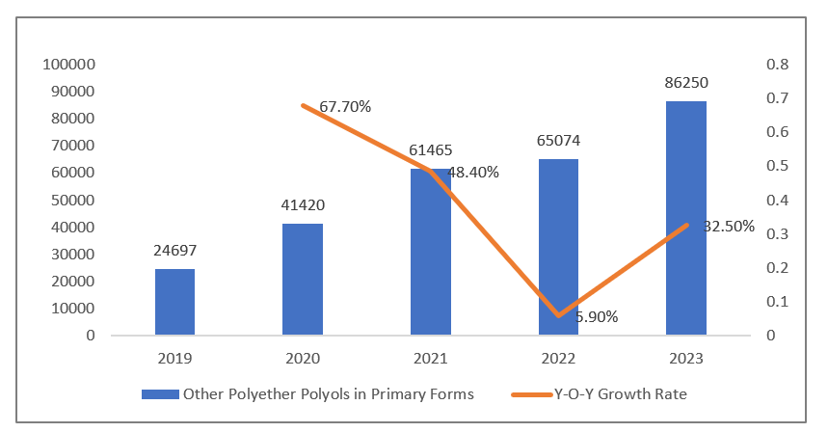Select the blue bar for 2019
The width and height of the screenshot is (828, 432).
click(174, 302)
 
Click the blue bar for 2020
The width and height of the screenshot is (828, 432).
click(302, 280)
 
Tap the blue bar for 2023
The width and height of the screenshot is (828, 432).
click(686, 218)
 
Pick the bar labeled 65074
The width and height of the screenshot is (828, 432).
click(558, 247)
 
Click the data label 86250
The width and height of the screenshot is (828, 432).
click(685, 84)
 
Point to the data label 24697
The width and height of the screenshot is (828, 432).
click(174, 251)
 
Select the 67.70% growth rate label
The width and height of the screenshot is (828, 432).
click(345, 106)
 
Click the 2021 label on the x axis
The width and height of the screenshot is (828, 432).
click(430, 359)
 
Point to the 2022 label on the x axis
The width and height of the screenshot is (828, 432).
click(558, 359)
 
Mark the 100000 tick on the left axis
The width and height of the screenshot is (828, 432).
click(68, 65)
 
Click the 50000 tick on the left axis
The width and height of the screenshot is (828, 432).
click(72, 200)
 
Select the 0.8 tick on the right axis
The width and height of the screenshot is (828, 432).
click(750, 65)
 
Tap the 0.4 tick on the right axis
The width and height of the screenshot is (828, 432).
click(750, 200)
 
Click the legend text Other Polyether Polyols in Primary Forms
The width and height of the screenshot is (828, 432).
click(328, 394)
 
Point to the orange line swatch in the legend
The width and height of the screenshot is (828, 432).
click(526, 394)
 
